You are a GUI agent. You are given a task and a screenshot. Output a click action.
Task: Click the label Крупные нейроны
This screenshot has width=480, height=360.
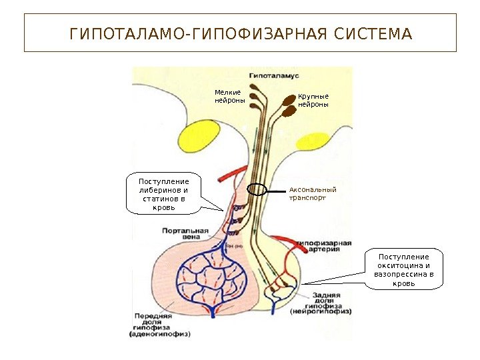(x=313, y=101)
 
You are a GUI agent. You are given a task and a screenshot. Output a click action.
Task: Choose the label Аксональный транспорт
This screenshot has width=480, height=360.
(x=313, y=193)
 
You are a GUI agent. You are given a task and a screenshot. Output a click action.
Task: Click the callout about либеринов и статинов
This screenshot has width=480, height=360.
(x=163, y=194)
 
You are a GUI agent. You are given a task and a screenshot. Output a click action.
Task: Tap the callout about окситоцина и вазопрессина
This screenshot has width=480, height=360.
(x=404, y=269)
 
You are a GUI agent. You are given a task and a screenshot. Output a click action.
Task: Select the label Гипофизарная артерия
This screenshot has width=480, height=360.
(x=324, y=247)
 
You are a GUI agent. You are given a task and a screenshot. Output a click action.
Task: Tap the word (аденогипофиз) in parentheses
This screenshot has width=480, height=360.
(x=160, y=335)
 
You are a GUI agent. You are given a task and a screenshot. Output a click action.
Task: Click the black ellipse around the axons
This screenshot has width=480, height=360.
(x=257, y=189)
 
